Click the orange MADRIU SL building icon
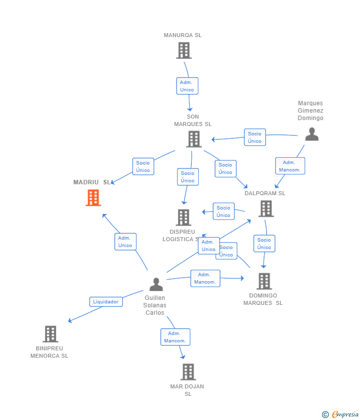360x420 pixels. pyautogui.click(x=93, y=198)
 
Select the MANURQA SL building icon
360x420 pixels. pyautogui.click(x=184, y=50)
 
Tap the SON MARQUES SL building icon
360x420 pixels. pyautogui.click(x=194, y=139)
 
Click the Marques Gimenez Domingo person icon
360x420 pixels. pyautogui.click(x=312, y=134)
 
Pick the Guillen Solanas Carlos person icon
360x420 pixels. pyautogui.click(x=156, y=284)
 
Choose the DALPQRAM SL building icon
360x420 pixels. pyautogui.click(x=266, y=209)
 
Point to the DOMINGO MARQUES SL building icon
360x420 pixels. pyautogui.click(x=264, y=281)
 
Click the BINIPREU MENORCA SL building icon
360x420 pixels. pyautogui.click(x=50, y=334)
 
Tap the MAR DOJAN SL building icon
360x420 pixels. pyautogui.click(x=188, y=372)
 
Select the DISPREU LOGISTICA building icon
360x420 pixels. pyautogui.click(x=183, y=217)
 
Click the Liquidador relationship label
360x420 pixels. pyautogui.click(x=106, y=301)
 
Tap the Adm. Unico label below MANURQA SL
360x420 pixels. pyautogui.click(x=187, y=86)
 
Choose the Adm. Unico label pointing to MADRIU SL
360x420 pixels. pyautogui.click(x=126, y=242)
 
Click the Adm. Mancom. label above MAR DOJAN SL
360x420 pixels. pyautogui.click(x=176, y=337)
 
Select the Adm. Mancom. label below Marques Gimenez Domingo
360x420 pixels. pyautogui.click(x=290, y=166)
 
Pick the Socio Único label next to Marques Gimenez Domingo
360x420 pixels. pyautogui.click(x=255, y=137)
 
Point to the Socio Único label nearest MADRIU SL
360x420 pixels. pyautogui.click(x=143, y=167)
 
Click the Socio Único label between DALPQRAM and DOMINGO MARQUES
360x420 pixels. pyautogui.click(x=264, y=244)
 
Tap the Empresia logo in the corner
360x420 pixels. pyautogui.click(x=340, y=415)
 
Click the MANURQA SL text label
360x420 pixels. pyautogui.click(x=182, y=35)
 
